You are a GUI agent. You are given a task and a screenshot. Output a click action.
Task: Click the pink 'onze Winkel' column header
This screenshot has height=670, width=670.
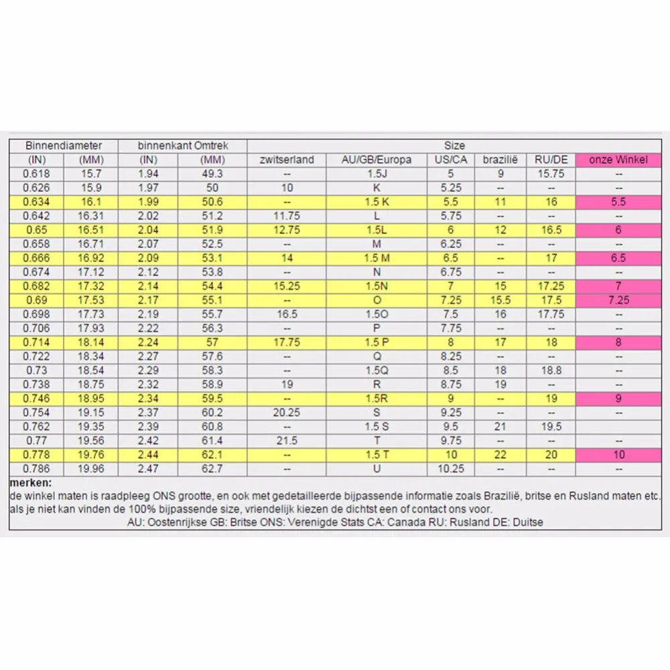click(x=618, y=160)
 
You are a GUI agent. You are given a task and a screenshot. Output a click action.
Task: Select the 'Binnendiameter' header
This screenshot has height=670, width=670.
click(x=64, y=145)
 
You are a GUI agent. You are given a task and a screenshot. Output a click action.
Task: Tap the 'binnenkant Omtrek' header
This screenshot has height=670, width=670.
click(x=183, y=145)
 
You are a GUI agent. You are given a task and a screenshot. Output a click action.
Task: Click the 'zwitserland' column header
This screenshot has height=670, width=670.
click(x=287, y=160)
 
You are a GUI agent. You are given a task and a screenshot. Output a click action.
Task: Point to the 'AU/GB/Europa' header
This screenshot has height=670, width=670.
click(x=377, y=160)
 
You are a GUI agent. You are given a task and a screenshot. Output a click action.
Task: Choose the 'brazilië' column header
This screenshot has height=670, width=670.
click(x=500, y=160)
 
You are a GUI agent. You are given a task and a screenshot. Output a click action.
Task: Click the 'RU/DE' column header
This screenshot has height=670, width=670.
click(x=551, y=160)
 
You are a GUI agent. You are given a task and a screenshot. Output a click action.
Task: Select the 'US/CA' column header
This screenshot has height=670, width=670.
click(x=451, y=160)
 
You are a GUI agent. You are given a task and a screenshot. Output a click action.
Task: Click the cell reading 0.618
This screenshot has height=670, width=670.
click(x=36, y=174)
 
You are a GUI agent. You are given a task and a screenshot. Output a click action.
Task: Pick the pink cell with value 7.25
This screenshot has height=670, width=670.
click(x=618, y=300)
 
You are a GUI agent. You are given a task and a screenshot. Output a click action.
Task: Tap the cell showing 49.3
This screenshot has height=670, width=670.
click(x=212, y=174)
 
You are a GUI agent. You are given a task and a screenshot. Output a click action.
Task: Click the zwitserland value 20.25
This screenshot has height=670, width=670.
click(x=287, y=412)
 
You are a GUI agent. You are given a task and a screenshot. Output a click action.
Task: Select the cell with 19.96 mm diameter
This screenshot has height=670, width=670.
click(x=91, y=469)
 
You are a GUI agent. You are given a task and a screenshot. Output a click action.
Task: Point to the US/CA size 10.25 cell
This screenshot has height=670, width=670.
click(x=451, y=469)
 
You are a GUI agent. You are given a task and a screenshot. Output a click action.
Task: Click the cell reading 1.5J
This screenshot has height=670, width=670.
click(x=377, y=174)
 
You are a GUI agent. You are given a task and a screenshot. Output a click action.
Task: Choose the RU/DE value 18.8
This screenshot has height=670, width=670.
click(x=551, y=370)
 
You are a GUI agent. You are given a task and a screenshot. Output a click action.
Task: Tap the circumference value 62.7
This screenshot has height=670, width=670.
click(x=212, y=469)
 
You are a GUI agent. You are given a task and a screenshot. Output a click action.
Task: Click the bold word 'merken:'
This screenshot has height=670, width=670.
click(x=30, y=483)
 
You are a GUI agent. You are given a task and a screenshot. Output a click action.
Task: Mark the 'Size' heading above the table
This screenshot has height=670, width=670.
click(x=454, y=145)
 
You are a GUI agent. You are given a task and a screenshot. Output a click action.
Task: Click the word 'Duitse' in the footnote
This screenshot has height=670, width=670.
click(x=528, y=522)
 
